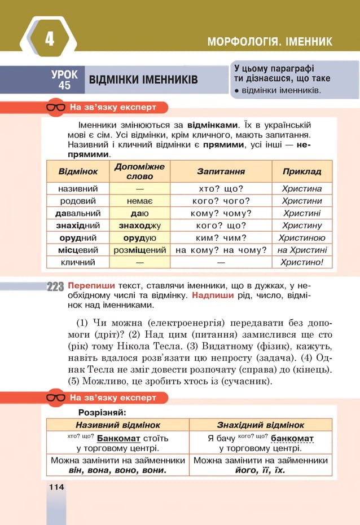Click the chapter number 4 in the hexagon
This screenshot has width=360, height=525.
(x=50, y=39)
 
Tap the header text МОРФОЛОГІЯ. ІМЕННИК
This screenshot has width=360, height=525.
(x=270, y=42)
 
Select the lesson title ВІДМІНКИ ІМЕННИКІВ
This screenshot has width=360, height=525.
(x=143, y=80)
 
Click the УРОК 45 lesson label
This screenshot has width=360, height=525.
(x=64, y=80)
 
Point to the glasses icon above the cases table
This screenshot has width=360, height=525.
(x=56, y=107)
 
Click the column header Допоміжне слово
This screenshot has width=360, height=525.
(x=140, y=171)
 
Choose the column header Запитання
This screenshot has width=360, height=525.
(x=221, y=171)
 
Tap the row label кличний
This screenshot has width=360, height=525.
(x=78, y=262)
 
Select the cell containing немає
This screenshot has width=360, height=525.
(x=140, y=201)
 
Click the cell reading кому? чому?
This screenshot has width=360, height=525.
(x=221, y=213)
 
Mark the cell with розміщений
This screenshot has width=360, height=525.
(x=140, y=250)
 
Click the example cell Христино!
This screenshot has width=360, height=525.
(x=302, y=262)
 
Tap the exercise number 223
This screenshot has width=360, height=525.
(x=56, y=286)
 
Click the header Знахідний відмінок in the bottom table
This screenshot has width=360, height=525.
(x=261, y=425)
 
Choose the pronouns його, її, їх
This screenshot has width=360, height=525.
(x=260, y=470)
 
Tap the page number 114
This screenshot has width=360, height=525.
(x=56, y=487)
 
